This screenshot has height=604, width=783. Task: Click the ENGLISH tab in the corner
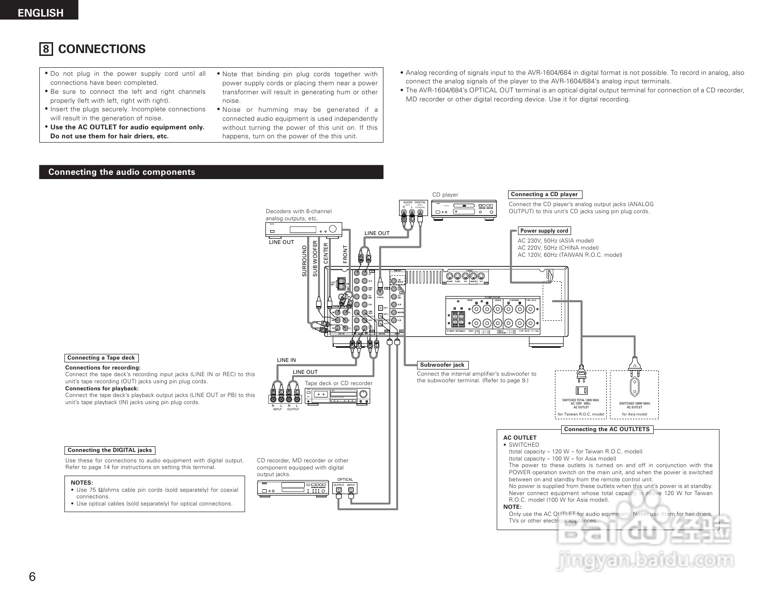coord(40,12)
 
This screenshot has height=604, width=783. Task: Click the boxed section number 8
coord(46,49)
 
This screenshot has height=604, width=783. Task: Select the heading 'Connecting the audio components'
coord(121,172)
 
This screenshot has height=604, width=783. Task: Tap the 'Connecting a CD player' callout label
coord(544,194)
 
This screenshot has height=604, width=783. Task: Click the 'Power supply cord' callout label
coord(544,231)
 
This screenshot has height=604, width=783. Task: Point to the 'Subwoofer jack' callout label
coord(442,365)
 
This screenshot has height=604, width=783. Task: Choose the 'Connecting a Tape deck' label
coord(101,358)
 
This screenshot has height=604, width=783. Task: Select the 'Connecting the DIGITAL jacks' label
coord(109,450)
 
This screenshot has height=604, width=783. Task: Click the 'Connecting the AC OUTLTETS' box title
coord(607,429)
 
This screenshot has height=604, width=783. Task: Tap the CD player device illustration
coord(464,209)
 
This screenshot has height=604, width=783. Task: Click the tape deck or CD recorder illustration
coord(337,396)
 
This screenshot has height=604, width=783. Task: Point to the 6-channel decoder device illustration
coord(303,229)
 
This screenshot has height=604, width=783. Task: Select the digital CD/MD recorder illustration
coord(292,487)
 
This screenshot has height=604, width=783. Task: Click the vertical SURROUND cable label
coord(304,261)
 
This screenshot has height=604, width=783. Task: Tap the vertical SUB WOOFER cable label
coord(315,259)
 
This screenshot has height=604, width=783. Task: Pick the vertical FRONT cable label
coord(345,254)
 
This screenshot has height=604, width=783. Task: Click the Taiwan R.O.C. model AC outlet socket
coord(581,391)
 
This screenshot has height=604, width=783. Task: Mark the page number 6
coord(32,577)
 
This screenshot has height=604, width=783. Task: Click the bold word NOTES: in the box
coord(82,483)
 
